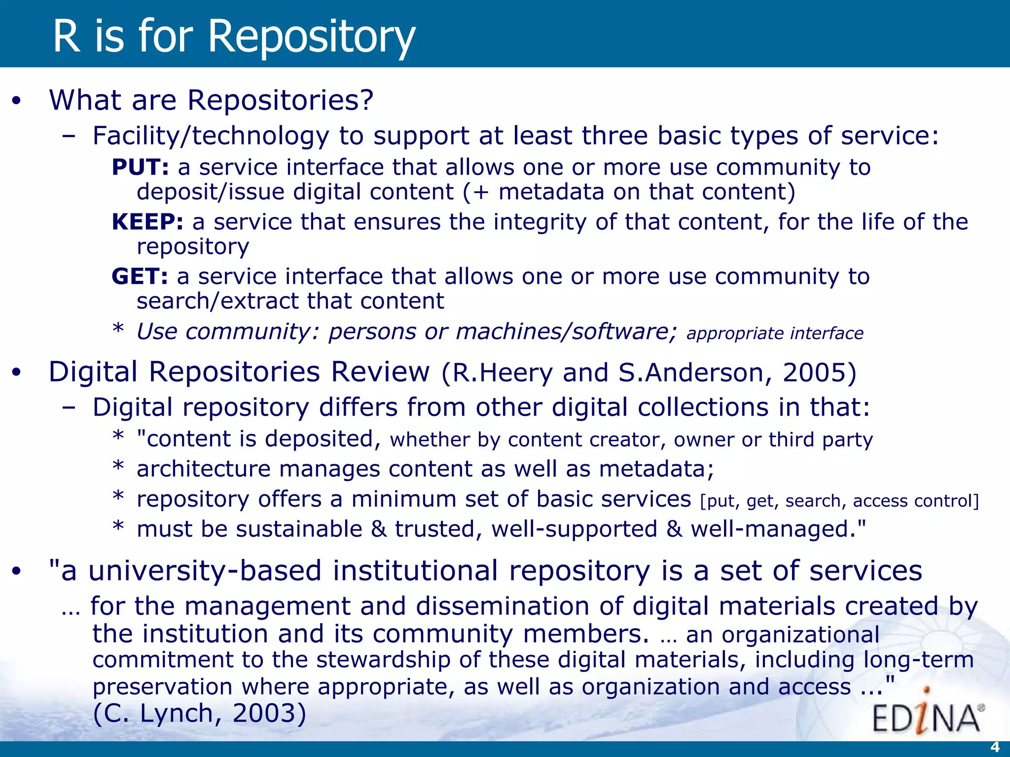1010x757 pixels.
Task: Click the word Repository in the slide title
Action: pyautogui.click(x=312, y=37)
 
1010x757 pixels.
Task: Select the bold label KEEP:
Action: pyautogui.click(x=147, y=222)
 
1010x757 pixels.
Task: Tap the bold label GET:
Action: pyautogui.click(x=140, y=276)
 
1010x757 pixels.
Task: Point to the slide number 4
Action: pyautogui.click(x=994, y=747)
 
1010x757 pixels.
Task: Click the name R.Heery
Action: pyautogui.click(x=503, y=373)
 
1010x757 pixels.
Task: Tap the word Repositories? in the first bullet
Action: pyautogui.click(x=280, y=101)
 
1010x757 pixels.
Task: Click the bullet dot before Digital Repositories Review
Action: pyautogui.click(x=17, y=373)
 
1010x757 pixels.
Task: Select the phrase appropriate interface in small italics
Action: pyautogui.click(x=775, y=334)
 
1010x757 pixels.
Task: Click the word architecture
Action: pyautogui.click(x=203, y=469)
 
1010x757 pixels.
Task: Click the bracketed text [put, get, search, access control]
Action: pyautogui.click(x=839, y=501)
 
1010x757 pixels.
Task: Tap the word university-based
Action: pyautogui.click(x=205, y=571)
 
